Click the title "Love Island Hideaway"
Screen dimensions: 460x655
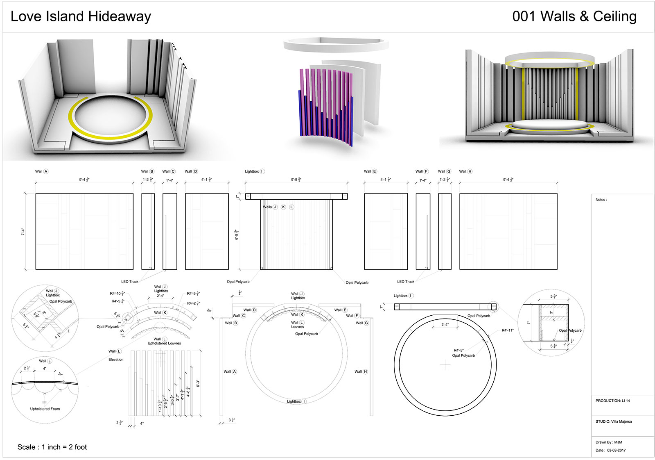[x=81, y=16]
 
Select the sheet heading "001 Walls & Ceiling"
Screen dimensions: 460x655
[x=574, y=16]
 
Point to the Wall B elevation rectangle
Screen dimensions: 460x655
[x=148, y=231]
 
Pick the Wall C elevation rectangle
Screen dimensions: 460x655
[x=169, y=231]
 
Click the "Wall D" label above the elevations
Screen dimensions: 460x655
[x=191, y=171]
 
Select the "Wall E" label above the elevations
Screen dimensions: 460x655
[x=370, y=171]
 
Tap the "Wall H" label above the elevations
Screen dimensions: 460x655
[x=465, y=171]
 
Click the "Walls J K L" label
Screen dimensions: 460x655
[x=278, y=207]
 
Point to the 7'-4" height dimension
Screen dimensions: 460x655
[x=23, y=232]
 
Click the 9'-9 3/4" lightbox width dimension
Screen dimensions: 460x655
[x=296, y=180]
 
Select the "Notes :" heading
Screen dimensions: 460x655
[x=601, y=200]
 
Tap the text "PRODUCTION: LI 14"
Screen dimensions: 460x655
[x=612, y=401]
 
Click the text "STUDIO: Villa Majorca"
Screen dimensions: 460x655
[x=613, y=421]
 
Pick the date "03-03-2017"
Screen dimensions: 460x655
[x=616, y=450]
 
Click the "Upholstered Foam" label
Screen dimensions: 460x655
[x=45, y=409]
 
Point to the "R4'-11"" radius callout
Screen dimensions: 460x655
[x=507, y=330]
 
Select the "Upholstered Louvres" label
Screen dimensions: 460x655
[x=164, y=343]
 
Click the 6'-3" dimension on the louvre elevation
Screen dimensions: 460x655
[x=198, y=383]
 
